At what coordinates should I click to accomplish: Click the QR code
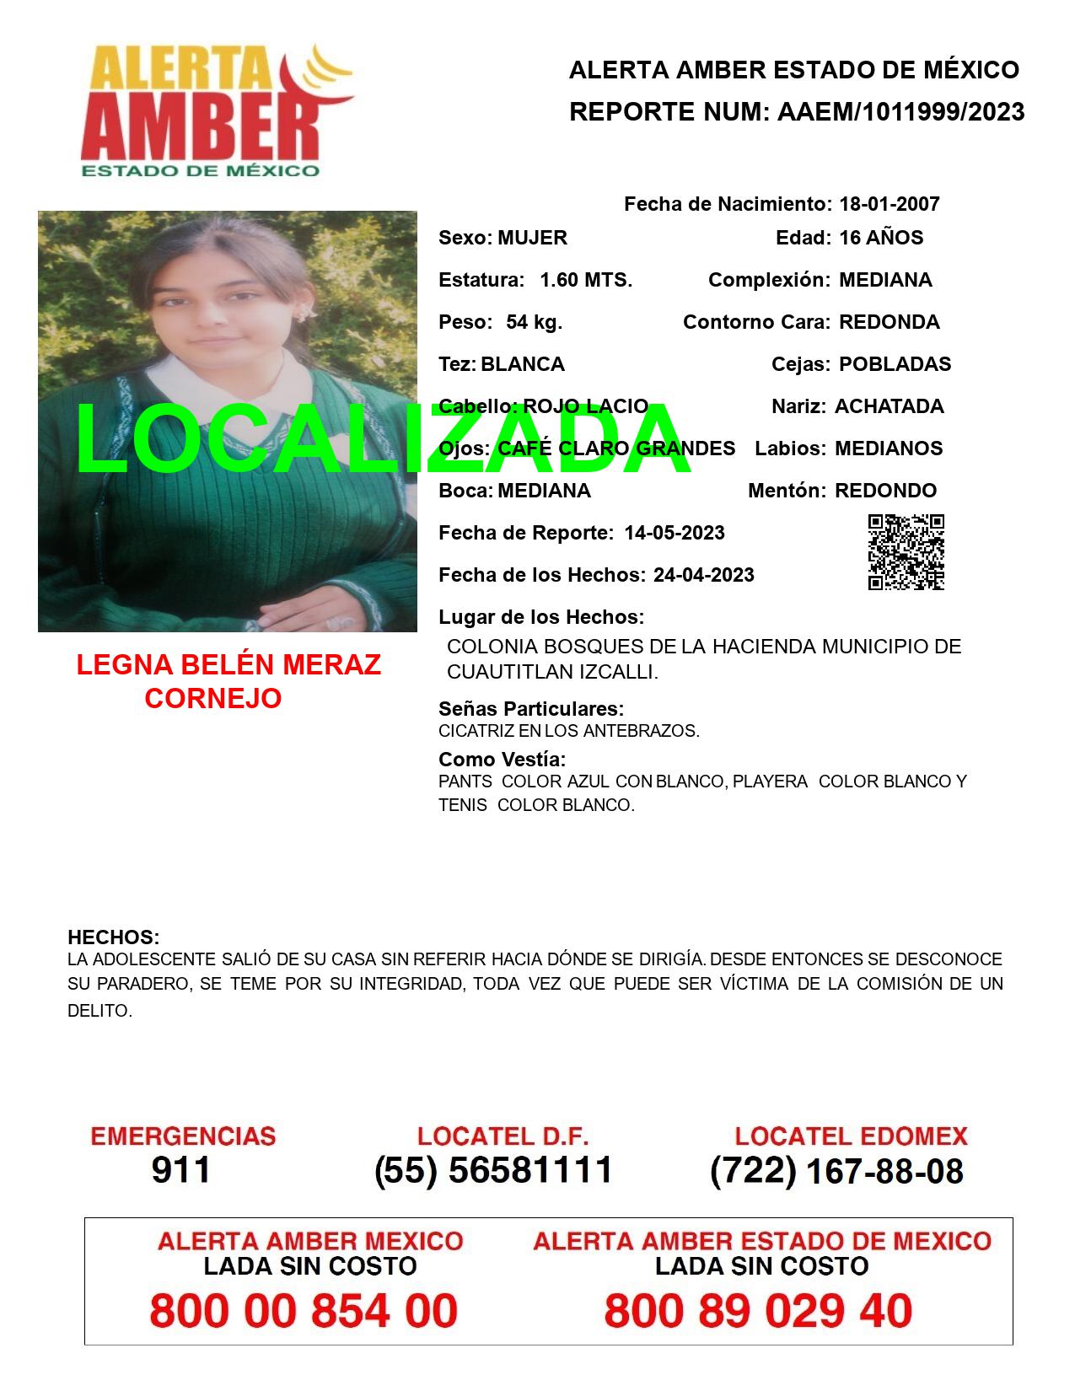[x=906, y=552]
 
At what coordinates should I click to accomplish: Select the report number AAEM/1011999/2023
[x=900, y=112]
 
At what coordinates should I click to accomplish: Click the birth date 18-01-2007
[x=889, y=204]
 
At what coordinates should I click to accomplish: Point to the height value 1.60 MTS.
[x=586, y=280]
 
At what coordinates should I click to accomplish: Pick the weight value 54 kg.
[x=534, y=322]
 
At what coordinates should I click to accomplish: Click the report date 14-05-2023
[x=675, y=533]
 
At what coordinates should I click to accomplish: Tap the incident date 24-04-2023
[x=704, y=575]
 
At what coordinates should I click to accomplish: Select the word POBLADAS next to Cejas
[x=895, y=364]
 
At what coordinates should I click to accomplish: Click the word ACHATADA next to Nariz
[x=889, y=406]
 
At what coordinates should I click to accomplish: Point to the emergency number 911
[x=181, y=1170]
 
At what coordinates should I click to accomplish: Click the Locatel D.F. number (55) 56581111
[x=493, y=1170]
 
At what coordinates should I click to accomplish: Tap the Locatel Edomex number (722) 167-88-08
[x=836, y=1171]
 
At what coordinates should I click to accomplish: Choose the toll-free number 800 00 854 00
[x=304, y=1311]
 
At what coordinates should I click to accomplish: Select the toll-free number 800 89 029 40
[x=758, y=1311]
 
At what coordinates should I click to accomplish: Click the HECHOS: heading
[x=113, y=937]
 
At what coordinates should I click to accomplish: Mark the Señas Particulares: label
[x=531, y=709]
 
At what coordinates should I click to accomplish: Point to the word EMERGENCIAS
[x=183, y=1136]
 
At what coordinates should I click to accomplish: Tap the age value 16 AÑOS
[x=881, y=238]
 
